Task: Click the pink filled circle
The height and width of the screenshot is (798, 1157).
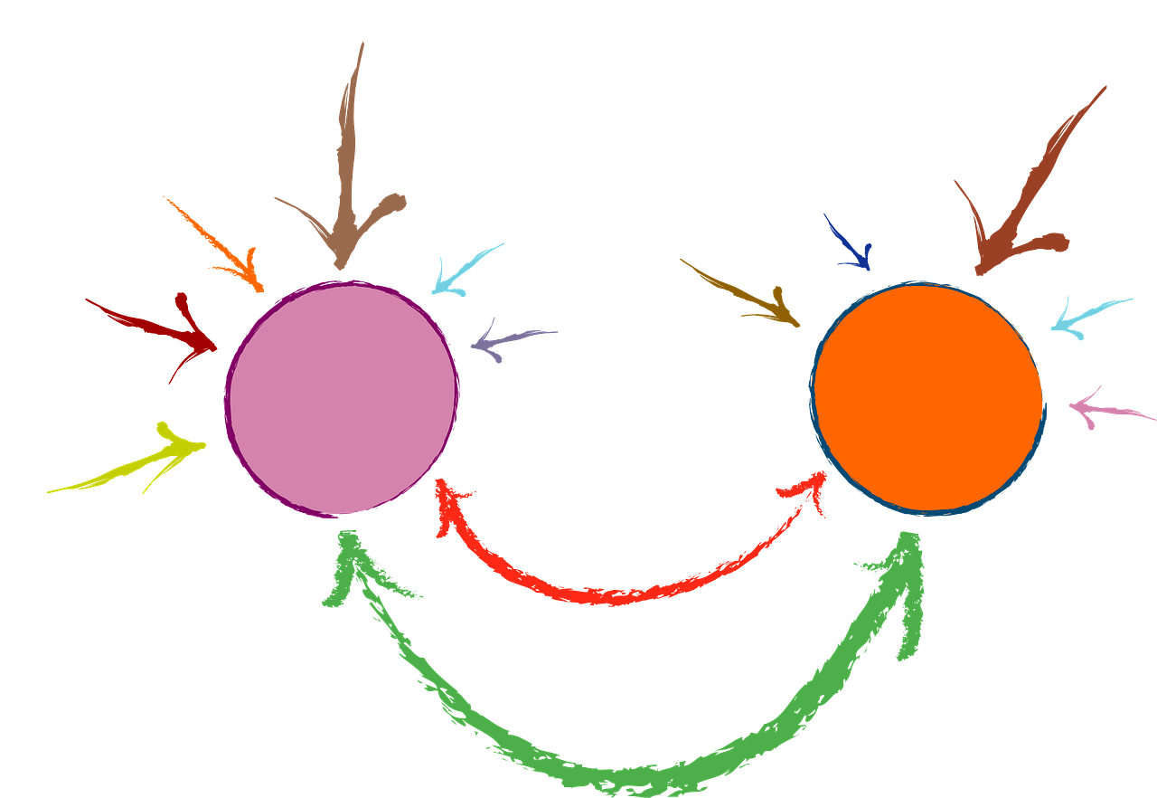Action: [341, 399]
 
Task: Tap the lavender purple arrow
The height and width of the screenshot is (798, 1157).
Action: [512, 339]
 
